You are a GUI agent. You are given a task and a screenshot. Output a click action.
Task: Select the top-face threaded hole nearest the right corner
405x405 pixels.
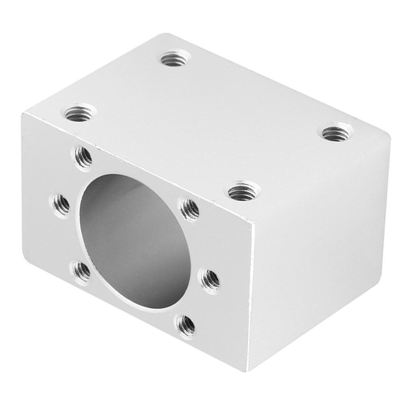337,132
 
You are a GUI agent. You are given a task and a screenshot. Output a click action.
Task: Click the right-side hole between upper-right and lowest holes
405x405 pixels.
210,278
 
